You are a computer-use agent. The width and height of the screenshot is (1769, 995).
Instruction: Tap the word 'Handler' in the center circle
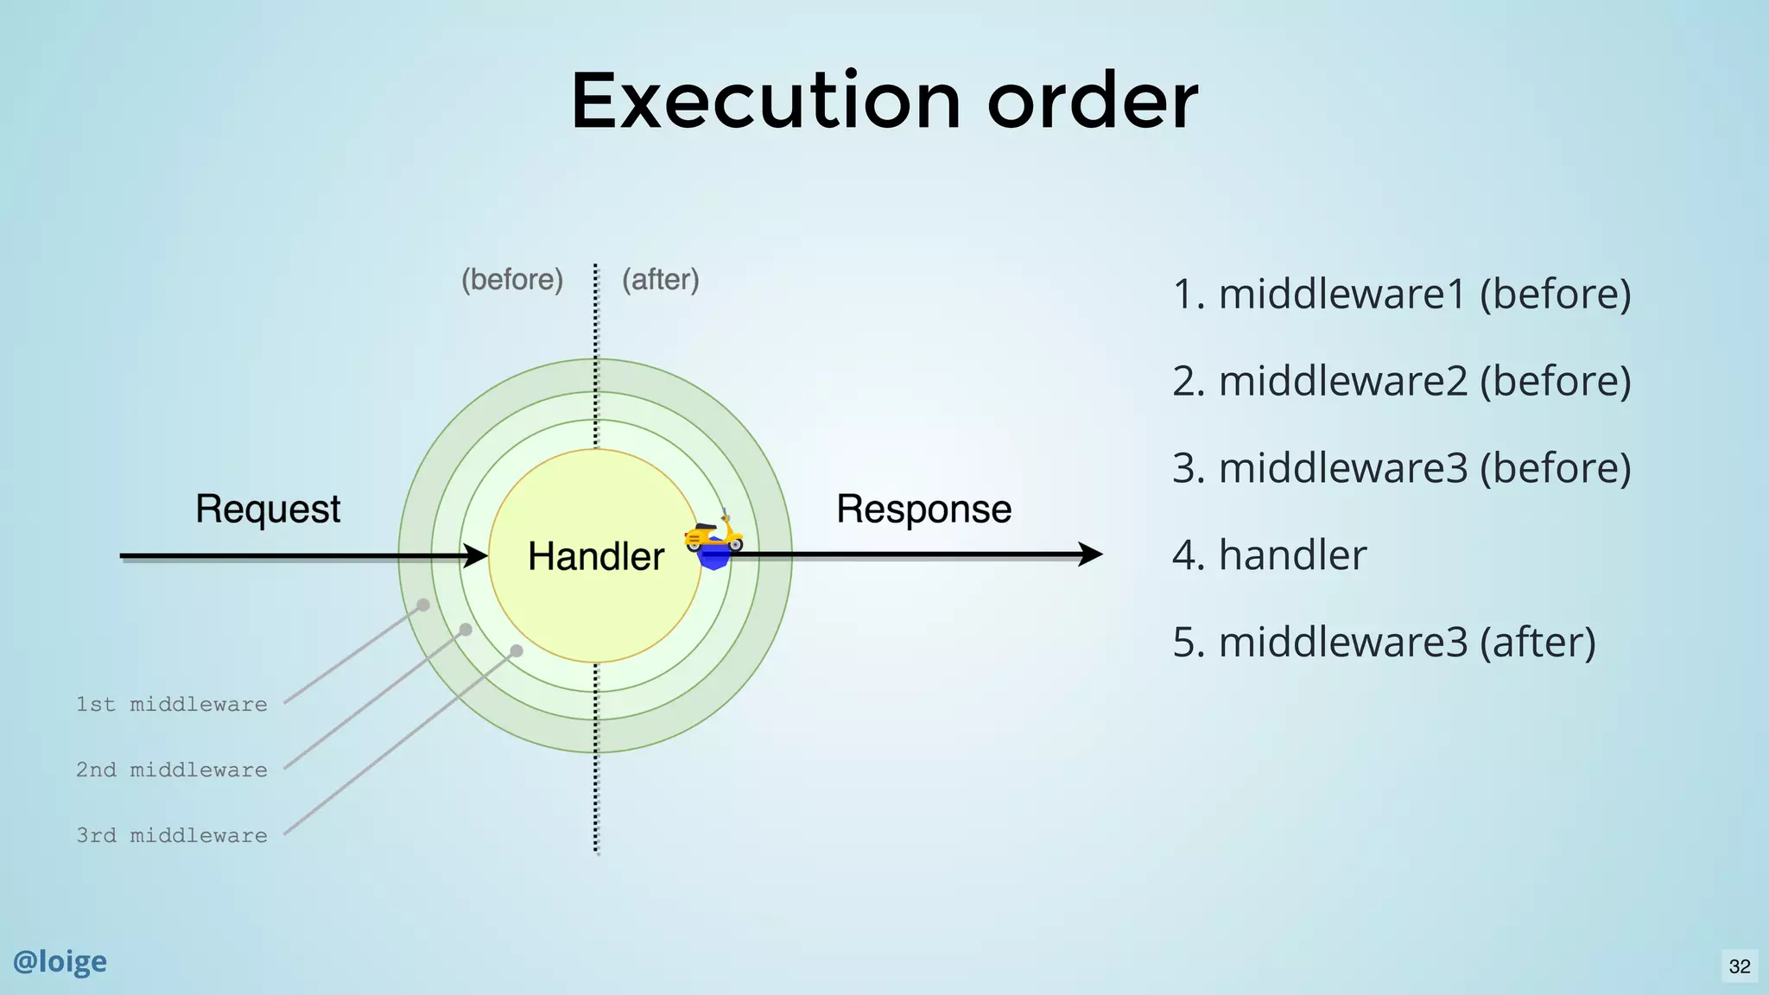pos(596,556)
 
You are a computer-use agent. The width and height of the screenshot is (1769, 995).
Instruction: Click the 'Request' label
pos(268,509)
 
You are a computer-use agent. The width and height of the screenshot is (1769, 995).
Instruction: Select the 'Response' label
pos(923,509)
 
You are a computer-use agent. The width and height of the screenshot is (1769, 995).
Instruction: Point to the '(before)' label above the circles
pos(512,280)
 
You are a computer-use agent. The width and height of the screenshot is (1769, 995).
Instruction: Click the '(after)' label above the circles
pos(661,280)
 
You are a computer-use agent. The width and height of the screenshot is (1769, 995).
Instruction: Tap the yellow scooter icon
pos(714,535)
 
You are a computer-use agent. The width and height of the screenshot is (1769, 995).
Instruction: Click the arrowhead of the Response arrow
pos(1090,554)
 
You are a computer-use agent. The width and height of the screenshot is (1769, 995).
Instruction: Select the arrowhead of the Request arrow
pos(476,555)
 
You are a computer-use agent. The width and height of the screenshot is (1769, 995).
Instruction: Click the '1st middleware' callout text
pos(172,705)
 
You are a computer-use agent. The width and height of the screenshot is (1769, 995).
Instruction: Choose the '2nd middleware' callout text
pos(172,770)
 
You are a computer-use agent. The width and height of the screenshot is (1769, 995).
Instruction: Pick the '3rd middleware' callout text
pos(172,836)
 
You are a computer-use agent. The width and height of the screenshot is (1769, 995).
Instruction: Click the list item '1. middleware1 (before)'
pos(1401,294)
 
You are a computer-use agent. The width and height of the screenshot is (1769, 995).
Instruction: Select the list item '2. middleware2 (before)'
pos(1401,381)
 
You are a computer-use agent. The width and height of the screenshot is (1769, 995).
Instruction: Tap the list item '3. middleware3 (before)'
pos(1401,468)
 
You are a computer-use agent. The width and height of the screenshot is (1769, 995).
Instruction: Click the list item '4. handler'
pos(1269,555)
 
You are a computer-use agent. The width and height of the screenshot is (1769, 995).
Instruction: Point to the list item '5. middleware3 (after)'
pos(1384,642)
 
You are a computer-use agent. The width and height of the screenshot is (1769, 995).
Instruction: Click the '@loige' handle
pos(60,961)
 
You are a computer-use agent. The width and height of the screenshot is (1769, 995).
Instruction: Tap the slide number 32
pos(1740,966)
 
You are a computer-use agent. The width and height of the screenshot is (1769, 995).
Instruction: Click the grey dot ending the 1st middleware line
pos(423,605)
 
